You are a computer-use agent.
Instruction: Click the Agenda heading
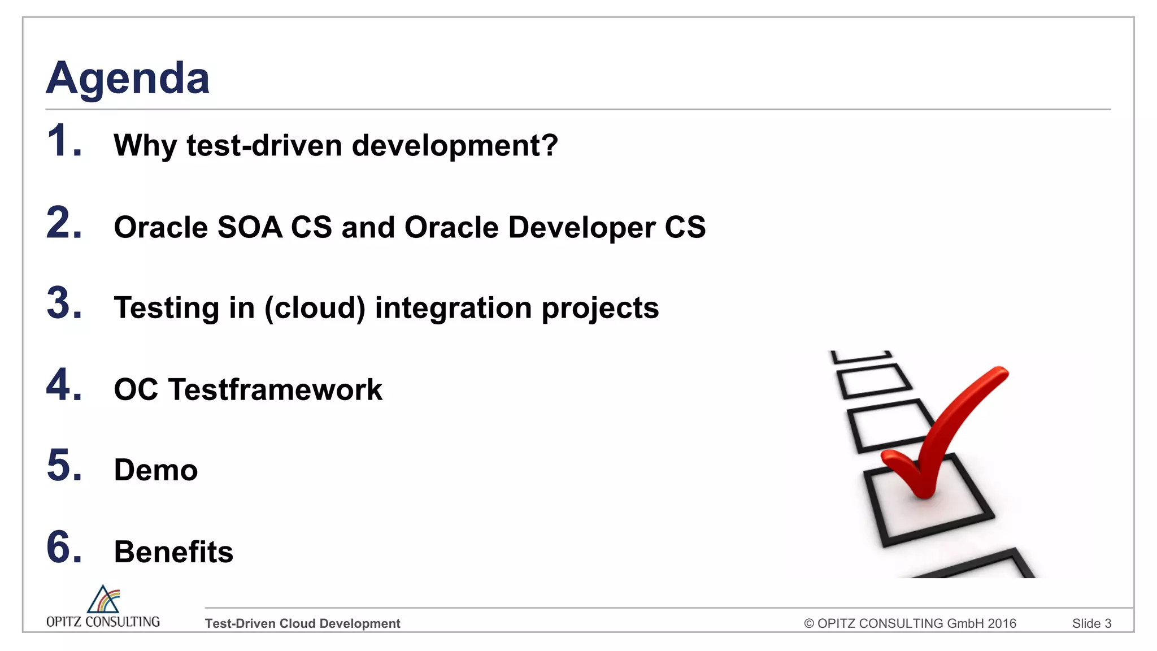click(128, 78)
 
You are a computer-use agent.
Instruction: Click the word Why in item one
click(145, 146)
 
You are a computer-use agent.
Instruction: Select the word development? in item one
click(455, 146)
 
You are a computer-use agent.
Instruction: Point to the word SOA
click(249, 227)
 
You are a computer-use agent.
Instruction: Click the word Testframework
click(276, 390)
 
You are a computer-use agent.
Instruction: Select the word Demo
click(156, 470)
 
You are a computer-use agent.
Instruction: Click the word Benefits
click(173, 552)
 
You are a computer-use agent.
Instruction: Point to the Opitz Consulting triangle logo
click(103, 600)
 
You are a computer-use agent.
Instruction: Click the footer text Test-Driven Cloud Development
click(302, 623)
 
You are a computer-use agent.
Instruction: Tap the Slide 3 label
click(1091, 623)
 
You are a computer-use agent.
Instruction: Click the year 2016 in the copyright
click(1002, 623)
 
